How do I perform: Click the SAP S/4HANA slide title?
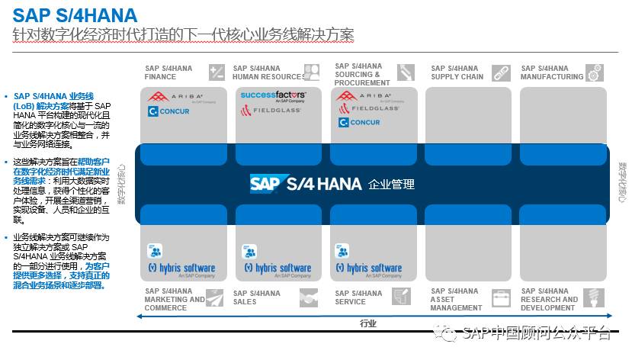[75, 14]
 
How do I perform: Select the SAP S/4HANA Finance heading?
[168, 72]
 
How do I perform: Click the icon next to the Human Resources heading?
[311, 72]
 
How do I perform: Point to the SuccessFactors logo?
[273, 95]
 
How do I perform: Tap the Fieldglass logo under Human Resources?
[271, 111]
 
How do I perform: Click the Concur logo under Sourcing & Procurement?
[359, 122]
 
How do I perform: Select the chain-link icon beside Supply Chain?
[500, 73]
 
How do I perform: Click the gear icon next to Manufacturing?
[595, 72]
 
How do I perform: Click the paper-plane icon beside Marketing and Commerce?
[214, 297]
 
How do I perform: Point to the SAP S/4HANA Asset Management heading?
[456, 299]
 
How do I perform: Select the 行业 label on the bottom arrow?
[368, 323]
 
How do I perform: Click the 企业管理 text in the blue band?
[391, 185]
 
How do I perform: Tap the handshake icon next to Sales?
[308, 297]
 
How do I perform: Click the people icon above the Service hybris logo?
[342, 251]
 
